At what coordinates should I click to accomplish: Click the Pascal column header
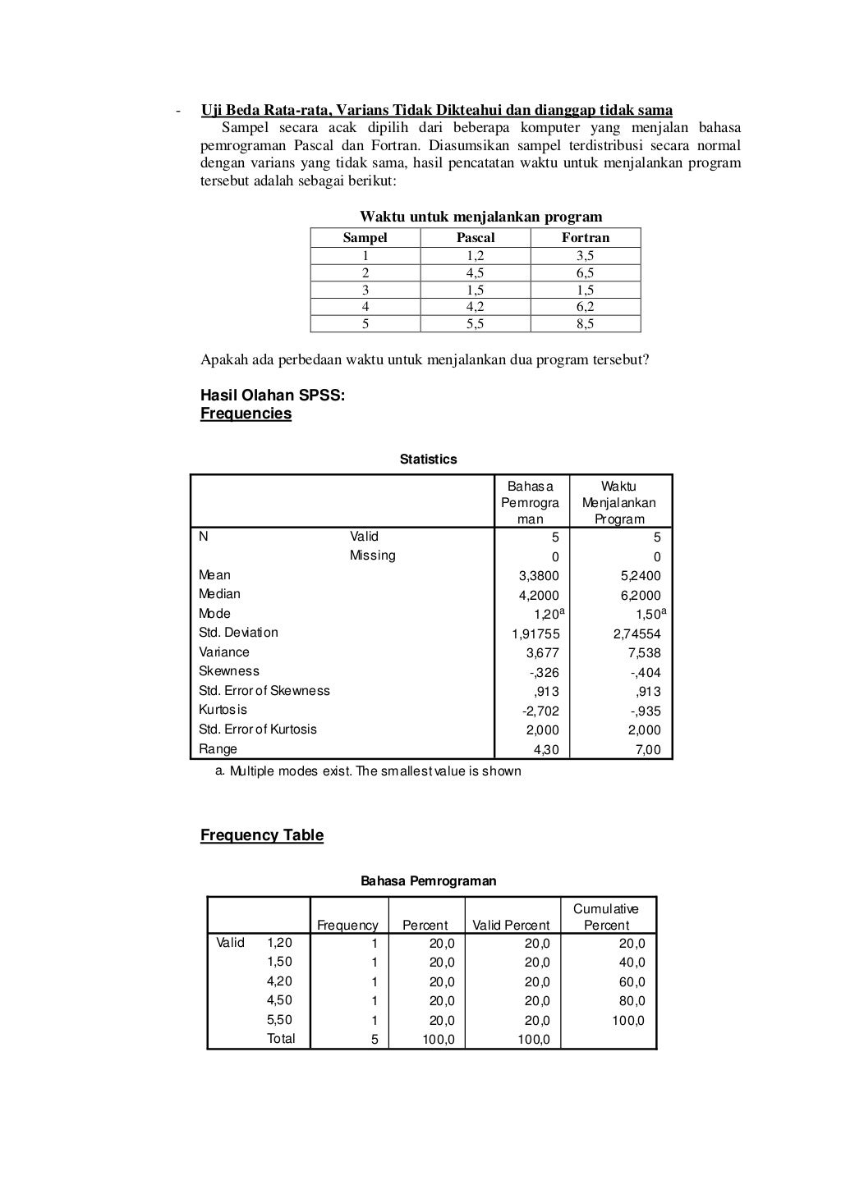pos(476,237)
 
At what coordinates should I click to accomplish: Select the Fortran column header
pos(586,237)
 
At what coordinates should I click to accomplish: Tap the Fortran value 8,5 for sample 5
pos(586,323)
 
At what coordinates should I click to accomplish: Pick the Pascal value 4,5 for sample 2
pos(476,272)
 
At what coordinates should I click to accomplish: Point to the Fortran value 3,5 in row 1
pos(586,256)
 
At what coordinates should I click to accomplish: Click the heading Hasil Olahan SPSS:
pos(273,396)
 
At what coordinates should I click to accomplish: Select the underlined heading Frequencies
pos(246,414)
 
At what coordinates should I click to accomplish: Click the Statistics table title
pos(428,460)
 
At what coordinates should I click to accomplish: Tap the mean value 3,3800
pos(539,576)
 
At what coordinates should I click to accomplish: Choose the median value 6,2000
pos(641,596)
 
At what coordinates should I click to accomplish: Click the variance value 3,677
pos(542,653)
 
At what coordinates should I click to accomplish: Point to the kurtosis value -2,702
pos(540,711)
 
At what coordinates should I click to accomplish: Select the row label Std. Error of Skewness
pos(264,691)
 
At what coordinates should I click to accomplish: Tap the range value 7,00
pos(647,750)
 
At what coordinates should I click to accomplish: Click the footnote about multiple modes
pos(367,771)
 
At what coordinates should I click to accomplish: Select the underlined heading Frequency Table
pos(262,835)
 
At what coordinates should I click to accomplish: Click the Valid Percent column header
pos(511,925)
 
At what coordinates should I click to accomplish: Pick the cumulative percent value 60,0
pos(632,982)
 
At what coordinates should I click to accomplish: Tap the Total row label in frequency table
pos(281,1039)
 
